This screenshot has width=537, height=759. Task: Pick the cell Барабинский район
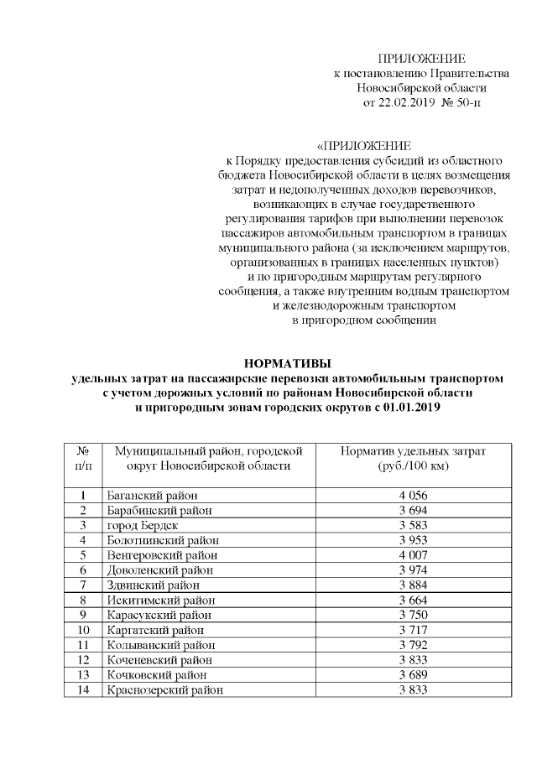pos(159,510)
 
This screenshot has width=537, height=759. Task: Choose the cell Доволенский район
pos(159,570)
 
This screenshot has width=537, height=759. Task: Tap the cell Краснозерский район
pos(164,690)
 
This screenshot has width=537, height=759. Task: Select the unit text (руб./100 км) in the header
pos(413,466)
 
